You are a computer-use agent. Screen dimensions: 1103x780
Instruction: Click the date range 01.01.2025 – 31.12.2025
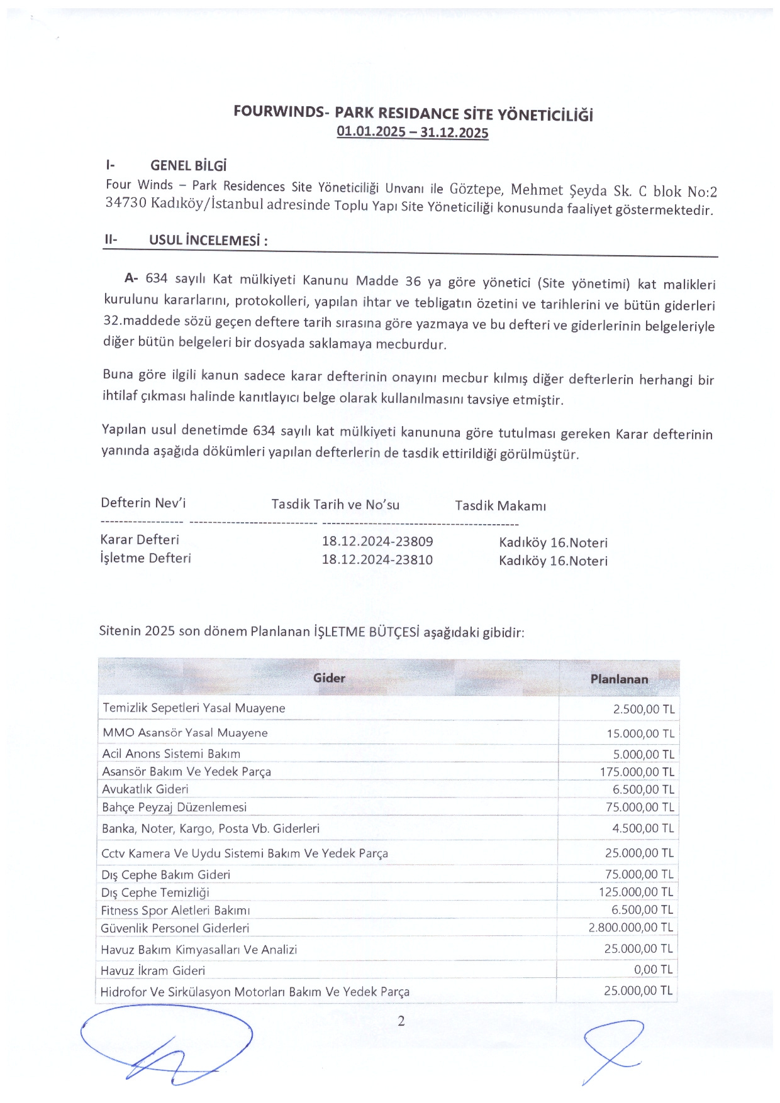412,132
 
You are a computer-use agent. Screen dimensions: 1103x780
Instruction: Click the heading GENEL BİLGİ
188,166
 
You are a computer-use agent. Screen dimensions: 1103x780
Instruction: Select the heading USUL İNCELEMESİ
208,241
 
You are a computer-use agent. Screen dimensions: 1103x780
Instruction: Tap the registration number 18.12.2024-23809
377,541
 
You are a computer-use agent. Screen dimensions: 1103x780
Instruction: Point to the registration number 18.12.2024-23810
377,559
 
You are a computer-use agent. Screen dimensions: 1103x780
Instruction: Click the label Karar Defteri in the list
140,539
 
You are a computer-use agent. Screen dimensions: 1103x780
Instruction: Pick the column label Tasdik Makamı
500,506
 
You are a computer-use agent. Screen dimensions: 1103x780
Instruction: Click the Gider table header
329,678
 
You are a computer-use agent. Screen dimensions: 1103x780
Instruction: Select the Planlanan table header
619,679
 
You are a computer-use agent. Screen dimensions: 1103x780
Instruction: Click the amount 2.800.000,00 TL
630,927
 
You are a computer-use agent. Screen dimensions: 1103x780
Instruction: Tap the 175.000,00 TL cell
637,772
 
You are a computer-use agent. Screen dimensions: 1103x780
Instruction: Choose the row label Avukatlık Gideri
145,789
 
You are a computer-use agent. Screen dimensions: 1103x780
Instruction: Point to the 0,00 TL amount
653,969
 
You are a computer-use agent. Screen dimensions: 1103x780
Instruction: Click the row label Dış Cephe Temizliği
155,892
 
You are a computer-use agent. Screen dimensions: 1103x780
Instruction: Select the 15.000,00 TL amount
640,733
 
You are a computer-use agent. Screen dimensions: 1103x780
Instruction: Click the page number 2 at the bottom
401,1021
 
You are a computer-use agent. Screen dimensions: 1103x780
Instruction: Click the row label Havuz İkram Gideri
153,970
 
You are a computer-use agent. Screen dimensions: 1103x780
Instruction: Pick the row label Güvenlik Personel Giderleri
175,928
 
